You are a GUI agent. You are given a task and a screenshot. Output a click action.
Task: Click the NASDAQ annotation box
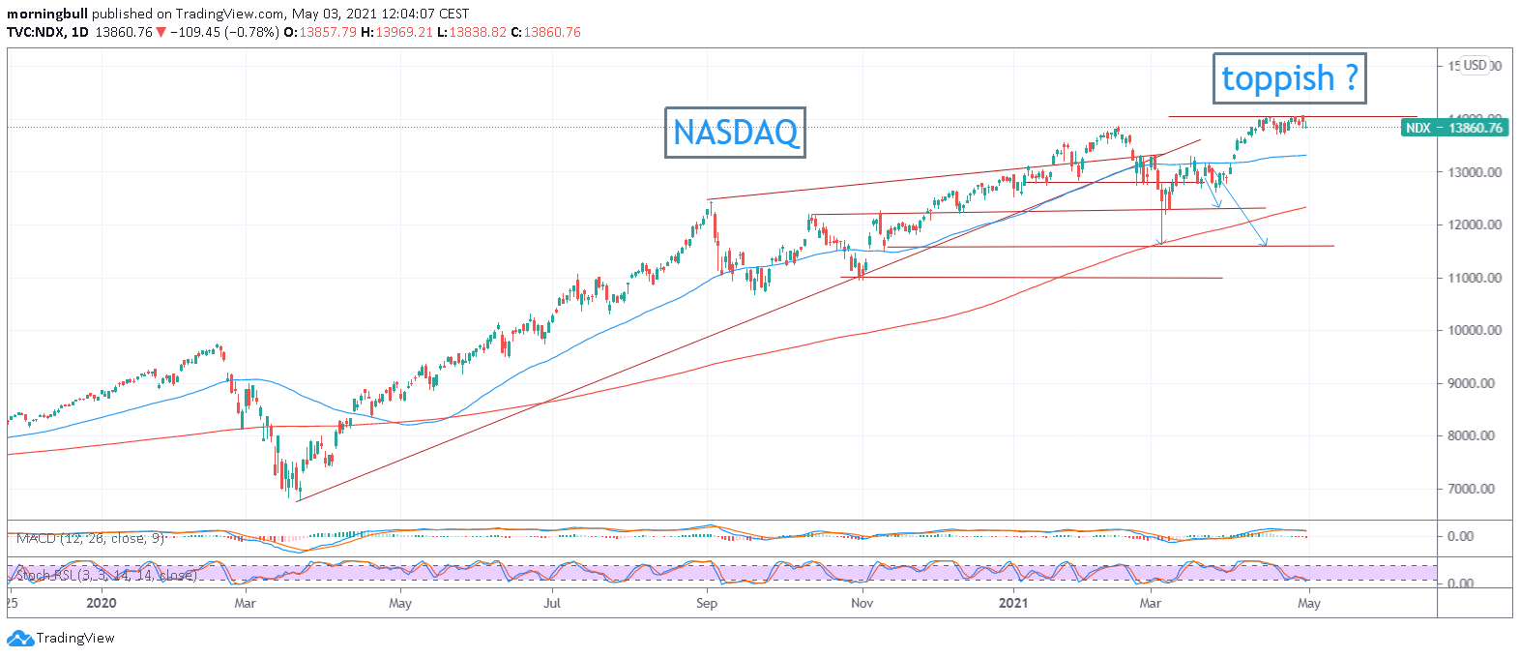[735, 132]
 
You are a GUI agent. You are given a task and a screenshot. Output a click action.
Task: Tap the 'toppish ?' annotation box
[1290, 78]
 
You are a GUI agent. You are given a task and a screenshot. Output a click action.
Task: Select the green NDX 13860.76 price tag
[1454, 128]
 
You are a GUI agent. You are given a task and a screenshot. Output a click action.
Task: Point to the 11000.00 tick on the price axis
[1474, 278]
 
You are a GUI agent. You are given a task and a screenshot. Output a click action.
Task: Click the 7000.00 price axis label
[1474, 489]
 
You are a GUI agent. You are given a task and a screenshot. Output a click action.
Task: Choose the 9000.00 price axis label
[1474, 383]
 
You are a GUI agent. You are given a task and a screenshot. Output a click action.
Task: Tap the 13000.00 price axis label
[1474, 172]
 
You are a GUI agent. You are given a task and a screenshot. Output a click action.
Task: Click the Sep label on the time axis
[707, 603]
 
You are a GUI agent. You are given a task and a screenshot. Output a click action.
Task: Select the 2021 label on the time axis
[1013, 603]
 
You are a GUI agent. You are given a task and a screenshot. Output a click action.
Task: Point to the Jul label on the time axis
[552, 603]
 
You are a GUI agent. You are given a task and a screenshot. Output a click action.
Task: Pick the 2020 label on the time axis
[101, 603]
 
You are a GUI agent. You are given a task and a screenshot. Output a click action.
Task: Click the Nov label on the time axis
[862, 603]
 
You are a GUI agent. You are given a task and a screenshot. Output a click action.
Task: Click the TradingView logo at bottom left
[61, 639]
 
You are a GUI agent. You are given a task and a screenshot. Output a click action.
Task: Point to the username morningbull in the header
[47, 14]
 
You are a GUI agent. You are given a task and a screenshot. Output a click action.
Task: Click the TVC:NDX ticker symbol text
[36, 32]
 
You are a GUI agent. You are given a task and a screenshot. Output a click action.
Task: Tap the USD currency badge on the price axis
[1475, 66]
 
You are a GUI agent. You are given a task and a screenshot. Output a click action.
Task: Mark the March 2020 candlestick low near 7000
[298, 498]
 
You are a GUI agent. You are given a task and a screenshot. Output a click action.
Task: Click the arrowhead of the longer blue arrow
[1265, 244]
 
